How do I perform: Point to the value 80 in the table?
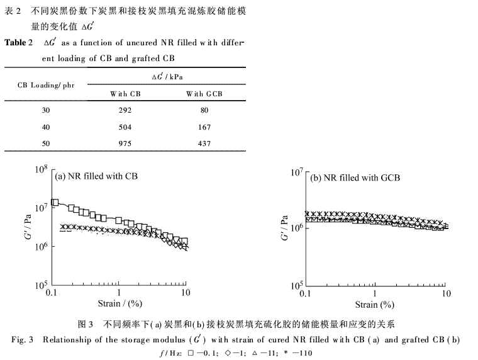204,108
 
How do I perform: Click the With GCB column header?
204,94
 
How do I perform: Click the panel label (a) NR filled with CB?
96,176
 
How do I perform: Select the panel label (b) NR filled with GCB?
355,178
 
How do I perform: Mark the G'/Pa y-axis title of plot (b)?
284,228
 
